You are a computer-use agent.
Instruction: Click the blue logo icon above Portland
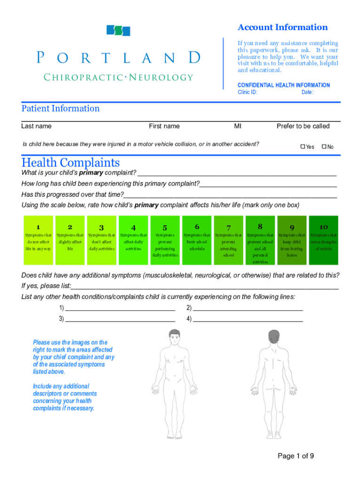click(x=118, y=31)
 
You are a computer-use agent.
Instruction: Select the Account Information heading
click(x=283, y=27)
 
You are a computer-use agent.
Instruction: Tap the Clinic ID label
click(x=247, y=92)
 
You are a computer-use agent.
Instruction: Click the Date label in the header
click(x=307, y=92)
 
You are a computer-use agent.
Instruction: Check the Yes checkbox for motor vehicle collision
click(x=303, y=147)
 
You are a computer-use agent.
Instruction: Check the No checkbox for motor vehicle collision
click(x=324, y=147)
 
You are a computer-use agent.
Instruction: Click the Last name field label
click(x=36, y=126)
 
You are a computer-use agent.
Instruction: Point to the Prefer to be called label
click(x=303, y=126)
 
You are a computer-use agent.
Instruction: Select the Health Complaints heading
click(x=71, y=163)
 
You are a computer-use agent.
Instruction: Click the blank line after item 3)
click(x=120, y=320)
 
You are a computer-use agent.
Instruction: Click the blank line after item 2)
click(x=248, y=309)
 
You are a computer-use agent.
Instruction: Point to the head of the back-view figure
click(x=274, y=337)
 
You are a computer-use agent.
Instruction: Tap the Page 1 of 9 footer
click(x=296, y=456)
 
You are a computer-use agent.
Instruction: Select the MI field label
click(x=238, y=126)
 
